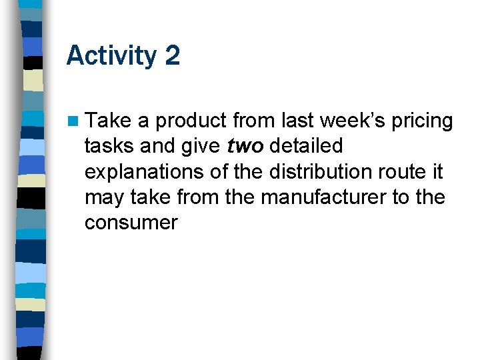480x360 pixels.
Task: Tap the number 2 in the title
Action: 171,55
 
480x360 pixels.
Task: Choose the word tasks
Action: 109,146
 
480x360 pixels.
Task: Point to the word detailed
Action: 306,146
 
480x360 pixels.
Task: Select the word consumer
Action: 131,223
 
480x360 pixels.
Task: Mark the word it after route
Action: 437,171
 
